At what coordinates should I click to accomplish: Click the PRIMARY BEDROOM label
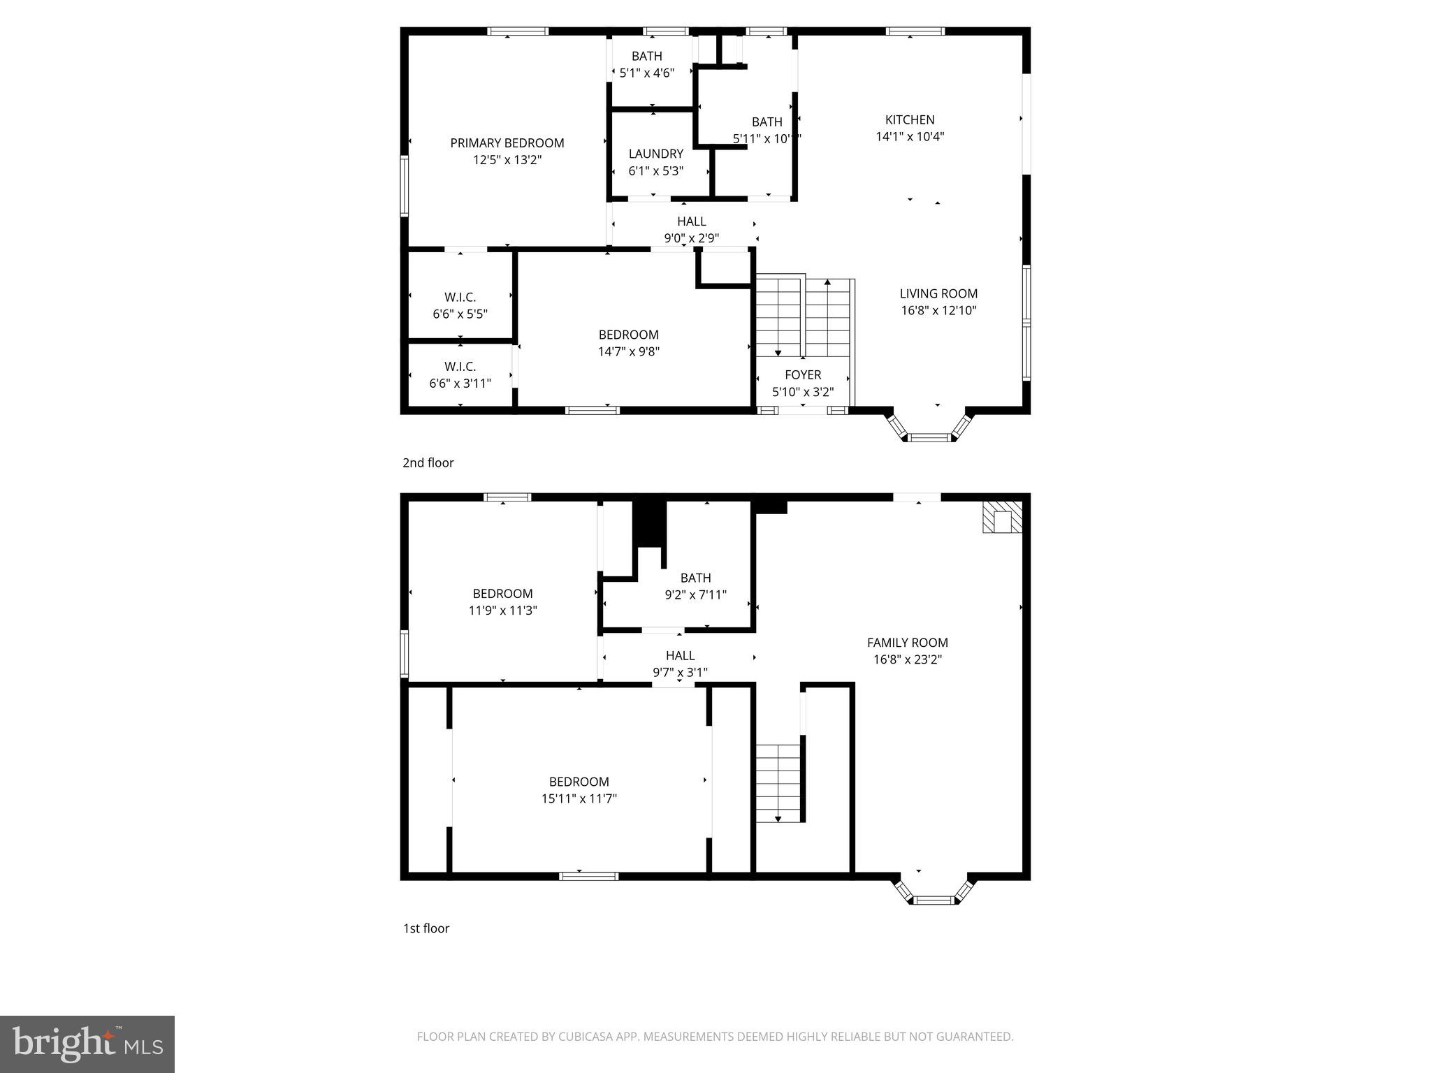click(507, 143)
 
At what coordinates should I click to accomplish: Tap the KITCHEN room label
click(910, 119)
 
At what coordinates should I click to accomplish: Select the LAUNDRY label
click(655, 154)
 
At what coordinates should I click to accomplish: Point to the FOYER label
click(803, 375)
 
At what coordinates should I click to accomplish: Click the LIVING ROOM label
click(938, 293)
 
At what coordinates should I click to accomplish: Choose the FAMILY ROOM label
click(907, 643)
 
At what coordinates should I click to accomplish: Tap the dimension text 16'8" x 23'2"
click(907, 659)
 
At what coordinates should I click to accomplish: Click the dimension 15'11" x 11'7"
click(579, 798)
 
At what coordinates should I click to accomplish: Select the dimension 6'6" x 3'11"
click(460, 384)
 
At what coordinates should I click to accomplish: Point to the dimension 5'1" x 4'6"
click(646, 73)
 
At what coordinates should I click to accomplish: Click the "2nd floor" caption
click(428, 462)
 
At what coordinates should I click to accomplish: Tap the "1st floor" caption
click(426, 928)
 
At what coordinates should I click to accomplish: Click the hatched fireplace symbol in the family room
click(1002, 517)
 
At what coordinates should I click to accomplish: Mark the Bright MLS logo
click(87, 1044)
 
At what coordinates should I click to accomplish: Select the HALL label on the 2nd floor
click(691, 221)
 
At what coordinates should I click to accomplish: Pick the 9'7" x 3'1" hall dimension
click(680, 673)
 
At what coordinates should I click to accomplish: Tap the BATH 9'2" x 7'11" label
click(695, 578)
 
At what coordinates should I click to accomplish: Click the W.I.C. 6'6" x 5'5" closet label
click(460, 298)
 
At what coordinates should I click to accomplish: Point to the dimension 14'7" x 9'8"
click(628, 352)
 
